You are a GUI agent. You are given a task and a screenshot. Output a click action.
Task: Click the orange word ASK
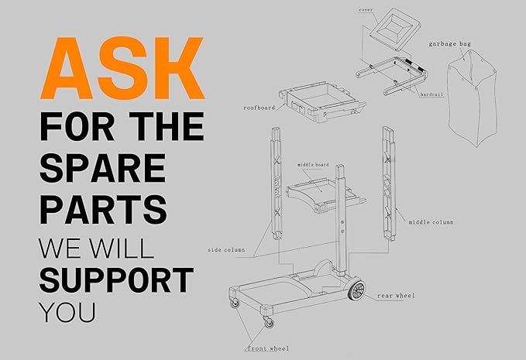point(122,68)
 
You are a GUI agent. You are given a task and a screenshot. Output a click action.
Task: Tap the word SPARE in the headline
point(103,168)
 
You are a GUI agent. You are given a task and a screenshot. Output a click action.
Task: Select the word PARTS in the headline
point(103,210)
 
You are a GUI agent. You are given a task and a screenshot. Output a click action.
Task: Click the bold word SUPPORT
point(117,280)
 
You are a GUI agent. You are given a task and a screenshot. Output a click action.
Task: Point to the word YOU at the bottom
point(67,313)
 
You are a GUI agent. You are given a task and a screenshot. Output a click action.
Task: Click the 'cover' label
point(366,10)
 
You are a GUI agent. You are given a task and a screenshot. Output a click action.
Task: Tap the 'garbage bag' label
point(450,44)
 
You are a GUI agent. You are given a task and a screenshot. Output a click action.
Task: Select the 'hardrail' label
point(431,95)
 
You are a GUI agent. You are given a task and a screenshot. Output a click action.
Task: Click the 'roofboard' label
point(260,108)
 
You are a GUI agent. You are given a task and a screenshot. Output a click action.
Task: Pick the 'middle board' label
point(313,165)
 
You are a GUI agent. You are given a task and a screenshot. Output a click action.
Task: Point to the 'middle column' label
point(431,222)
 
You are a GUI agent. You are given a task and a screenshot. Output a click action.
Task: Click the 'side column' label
point(226,250)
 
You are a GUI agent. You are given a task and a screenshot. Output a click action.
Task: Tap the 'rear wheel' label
point(396,296)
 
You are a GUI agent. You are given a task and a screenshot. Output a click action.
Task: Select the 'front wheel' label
point(268,348)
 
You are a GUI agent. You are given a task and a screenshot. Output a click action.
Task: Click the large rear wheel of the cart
point(356,290)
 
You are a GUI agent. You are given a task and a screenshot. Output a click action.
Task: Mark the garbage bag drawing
point(473,98)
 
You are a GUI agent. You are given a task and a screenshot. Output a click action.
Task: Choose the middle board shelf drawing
point(322,194)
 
